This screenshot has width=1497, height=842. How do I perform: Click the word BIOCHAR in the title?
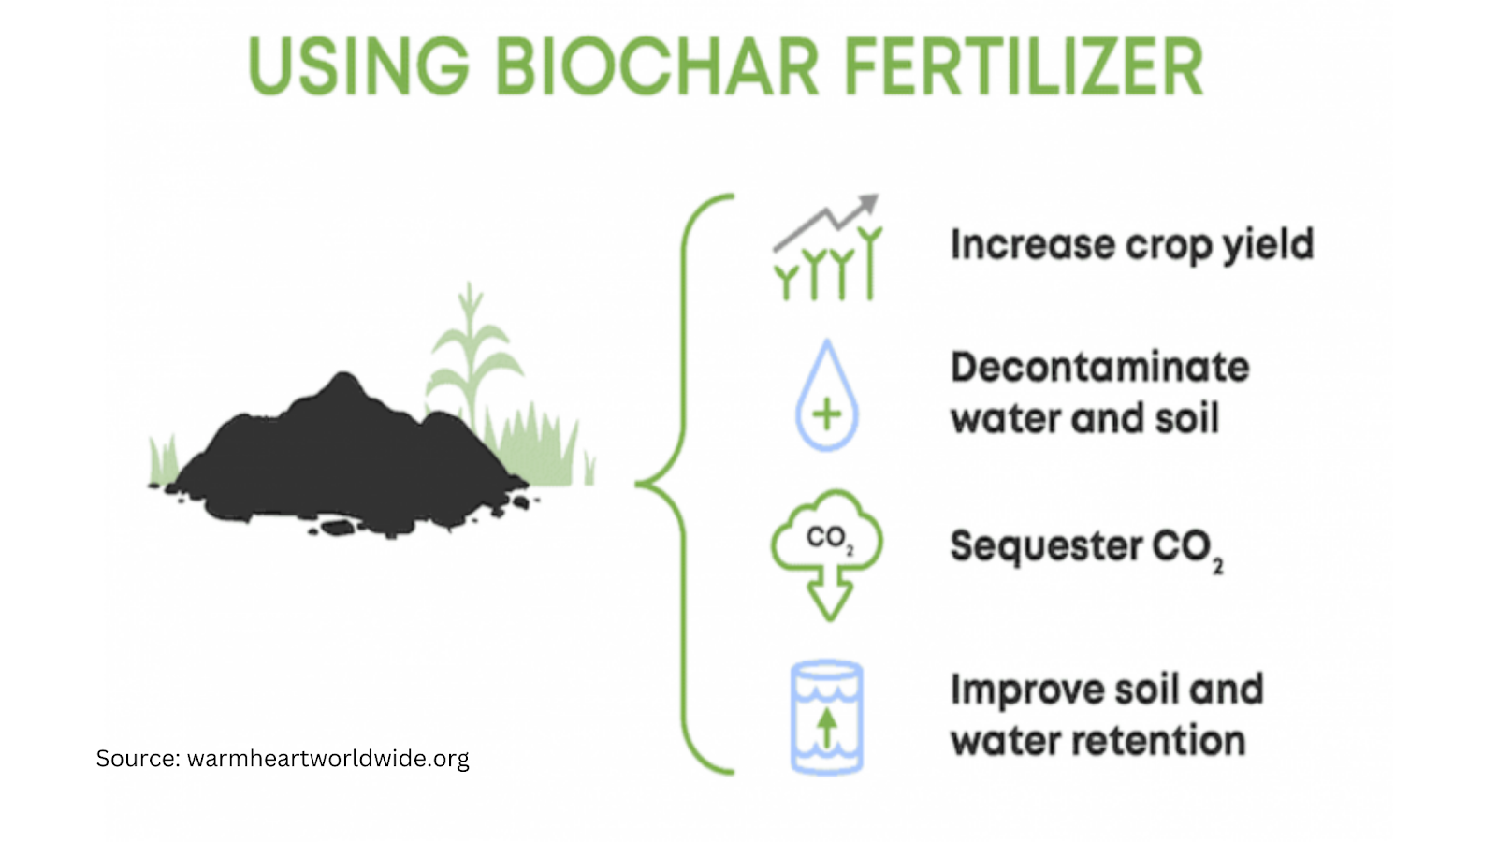point(657,67)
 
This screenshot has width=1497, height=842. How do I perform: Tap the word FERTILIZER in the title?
point(1024,67)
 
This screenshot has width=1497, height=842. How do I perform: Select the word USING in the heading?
point(358,67)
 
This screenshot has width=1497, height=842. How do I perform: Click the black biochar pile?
point(346,458)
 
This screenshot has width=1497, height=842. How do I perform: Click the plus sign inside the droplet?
point(827,414)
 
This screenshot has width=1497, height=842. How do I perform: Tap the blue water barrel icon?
point(827,718)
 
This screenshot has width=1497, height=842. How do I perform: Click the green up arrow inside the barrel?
point(827,728)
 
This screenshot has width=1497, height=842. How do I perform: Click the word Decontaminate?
point(1099,367)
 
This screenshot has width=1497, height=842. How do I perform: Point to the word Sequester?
point(1046,546)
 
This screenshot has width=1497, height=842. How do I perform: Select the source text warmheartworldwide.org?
point(328,758)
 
